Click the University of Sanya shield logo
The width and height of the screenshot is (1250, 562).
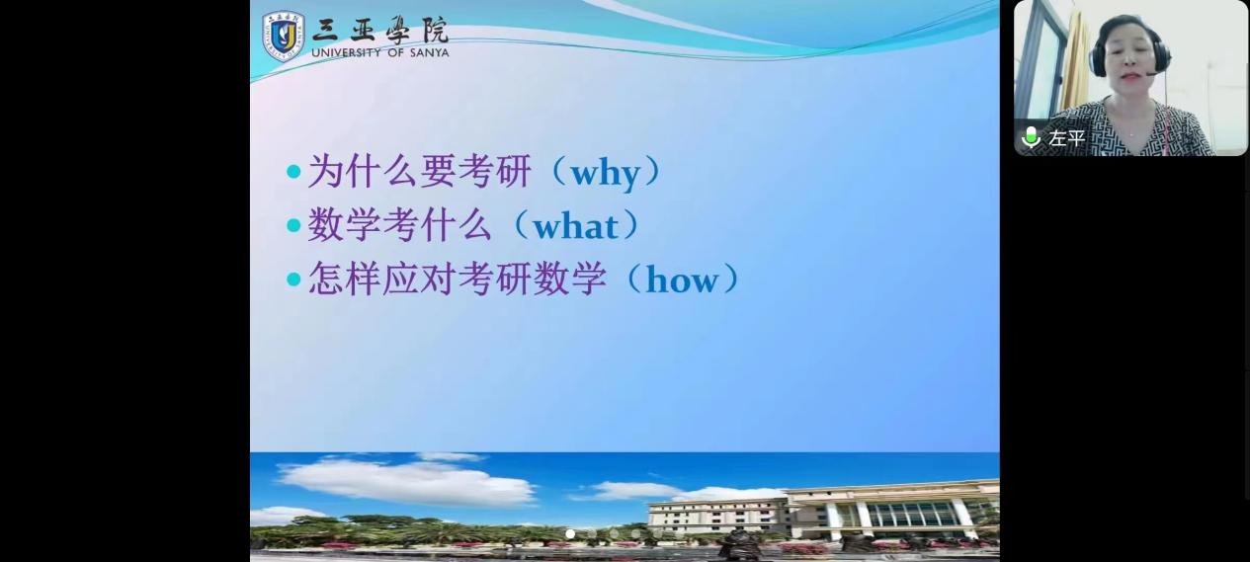[x=284, y=36]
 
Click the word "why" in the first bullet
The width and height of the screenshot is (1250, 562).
[x=606, y=174]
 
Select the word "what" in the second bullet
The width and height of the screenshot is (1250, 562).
[x=575, y=226]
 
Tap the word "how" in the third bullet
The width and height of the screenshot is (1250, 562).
[x=682, y=280]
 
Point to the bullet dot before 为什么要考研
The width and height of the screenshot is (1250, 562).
[x=293, y=171]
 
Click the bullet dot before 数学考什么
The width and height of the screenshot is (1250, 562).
[x=293, y=225]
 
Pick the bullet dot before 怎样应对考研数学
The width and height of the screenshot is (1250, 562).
[x=293, y=279]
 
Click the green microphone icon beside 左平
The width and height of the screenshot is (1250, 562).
[x=1030, y=137]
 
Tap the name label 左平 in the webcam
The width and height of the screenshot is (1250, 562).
[x=1067, y=137]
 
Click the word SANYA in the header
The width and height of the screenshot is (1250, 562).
[x=427, y=52]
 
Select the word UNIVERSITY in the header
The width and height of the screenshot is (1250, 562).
[x=346, y=52]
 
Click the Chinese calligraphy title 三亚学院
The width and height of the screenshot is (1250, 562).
[x=380, y=30]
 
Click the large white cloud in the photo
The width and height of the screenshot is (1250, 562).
[x=407, y=483]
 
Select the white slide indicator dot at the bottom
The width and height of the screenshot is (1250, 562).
[x=570, y=533]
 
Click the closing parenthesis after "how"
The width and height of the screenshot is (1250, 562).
[x=730, y=279]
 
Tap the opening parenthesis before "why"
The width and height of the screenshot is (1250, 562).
[x=559, y=171]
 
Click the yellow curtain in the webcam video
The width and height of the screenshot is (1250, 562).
[x=1075, y=61]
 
